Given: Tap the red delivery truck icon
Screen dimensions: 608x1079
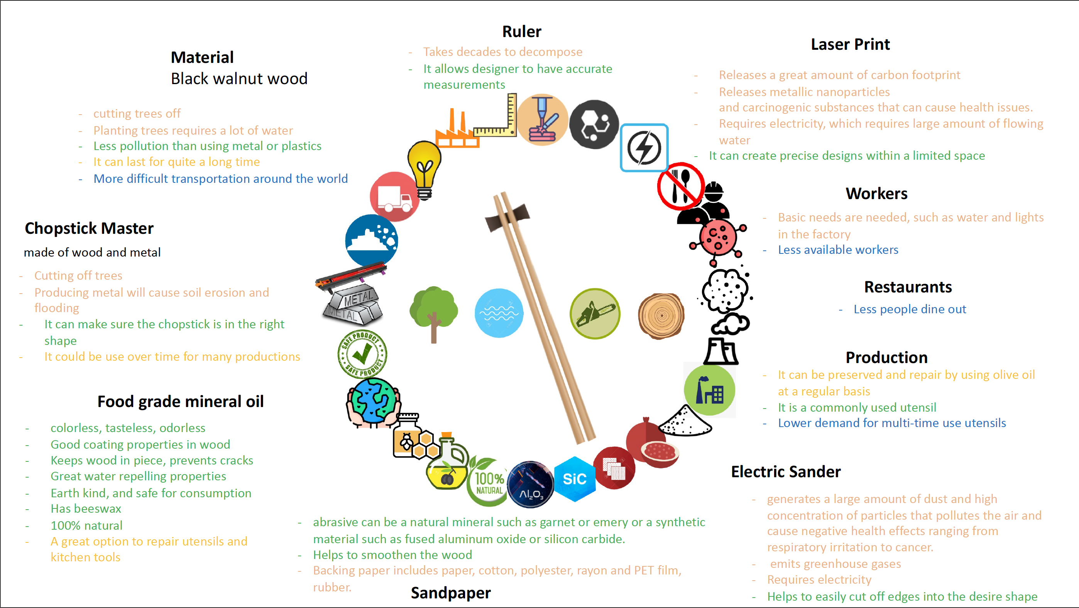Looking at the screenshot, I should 394,196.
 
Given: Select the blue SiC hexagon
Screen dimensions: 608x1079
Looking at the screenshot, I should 574,479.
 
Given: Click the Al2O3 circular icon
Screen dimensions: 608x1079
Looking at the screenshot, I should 530,485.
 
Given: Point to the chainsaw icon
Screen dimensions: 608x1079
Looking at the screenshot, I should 595,314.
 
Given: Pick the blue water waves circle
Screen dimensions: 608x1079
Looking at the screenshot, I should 499,313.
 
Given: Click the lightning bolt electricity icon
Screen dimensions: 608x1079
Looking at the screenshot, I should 644,148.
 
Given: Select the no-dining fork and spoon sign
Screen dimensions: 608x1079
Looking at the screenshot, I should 680,186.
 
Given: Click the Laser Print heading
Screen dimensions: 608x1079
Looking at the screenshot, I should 850,44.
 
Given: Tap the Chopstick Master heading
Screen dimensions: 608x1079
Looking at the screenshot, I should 89,228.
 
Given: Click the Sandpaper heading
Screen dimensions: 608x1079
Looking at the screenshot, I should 450,593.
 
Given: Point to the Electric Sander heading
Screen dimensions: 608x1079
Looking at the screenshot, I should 785,471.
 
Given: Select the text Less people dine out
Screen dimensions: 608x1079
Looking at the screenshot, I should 909,309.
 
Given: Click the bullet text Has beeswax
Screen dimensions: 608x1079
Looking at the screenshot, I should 86,508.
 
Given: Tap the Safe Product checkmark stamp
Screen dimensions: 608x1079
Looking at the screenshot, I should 362,354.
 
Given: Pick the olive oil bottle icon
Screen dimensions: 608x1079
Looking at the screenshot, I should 447,465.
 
